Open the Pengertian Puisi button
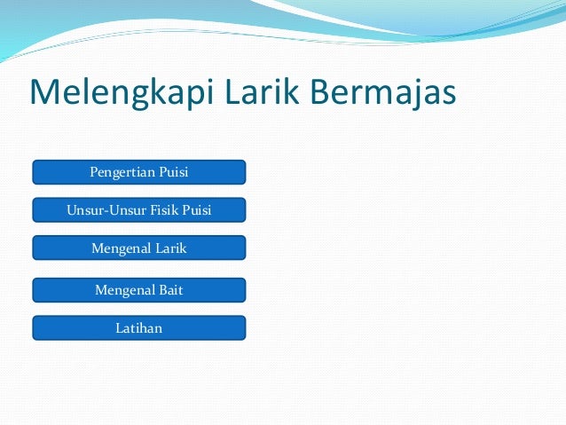coord(139,171)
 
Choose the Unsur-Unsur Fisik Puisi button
coord(139,209)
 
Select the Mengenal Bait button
coord(139,289)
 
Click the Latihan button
coord(139,328)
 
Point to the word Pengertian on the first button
coord(122,171)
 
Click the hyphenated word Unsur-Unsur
coord(100,210)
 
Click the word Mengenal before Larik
coord(122,248)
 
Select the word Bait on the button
coord(169,289)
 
